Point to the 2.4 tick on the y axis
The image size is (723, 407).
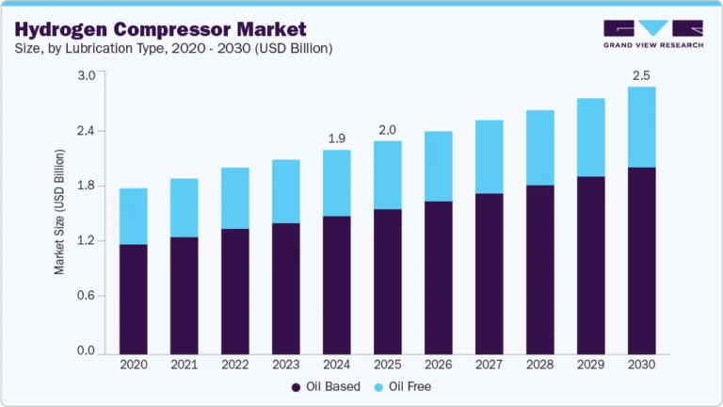click(86, 130)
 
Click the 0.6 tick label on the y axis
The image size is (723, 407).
click(86, 296)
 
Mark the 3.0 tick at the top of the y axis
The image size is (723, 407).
click(86, 75)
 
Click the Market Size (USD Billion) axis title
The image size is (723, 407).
click(59, 212)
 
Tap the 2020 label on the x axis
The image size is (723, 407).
click(134, 365)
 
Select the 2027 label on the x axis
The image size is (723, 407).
click(489, 365)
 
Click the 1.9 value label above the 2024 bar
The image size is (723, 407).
click(336, 138)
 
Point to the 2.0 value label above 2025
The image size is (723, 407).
click(387, 130)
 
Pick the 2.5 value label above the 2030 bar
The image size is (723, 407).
click(641, 75)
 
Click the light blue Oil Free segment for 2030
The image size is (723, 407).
click(641, 127)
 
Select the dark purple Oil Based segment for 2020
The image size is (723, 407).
click(134, 298)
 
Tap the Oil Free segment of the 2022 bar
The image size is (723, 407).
click(234, 198)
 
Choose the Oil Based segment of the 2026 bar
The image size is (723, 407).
click(438, 277)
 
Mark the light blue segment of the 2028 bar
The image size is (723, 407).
click(539, 148)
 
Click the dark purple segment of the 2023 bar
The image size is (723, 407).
click(285, 287)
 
